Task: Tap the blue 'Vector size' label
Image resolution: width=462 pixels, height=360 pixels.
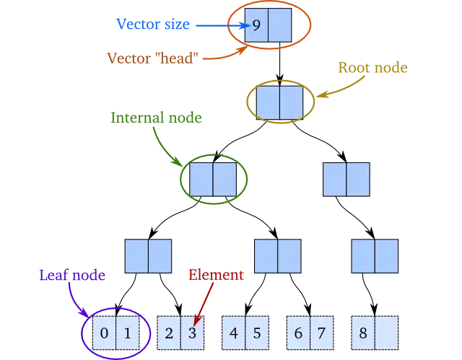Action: click(153, 25)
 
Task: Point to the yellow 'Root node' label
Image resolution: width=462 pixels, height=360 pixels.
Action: click(372, 68)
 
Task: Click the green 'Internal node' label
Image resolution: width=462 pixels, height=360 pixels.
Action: click(155, 117)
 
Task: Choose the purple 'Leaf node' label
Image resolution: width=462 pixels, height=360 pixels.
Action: click(72, 275)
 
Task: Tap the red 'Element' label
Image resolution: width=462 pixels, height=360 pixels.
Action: click(216, 274)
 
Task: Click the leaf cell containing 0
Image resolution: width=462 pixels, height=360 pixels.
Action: click(104, 333)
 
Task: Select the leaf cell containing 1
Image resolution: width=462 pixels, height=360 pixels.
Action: click(127, 333)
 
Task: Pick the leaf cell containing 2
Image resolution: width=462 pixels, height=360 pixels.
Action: click(169, 333)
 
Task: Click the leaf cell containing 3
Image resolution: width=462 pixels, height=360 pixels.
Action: click(192, 333)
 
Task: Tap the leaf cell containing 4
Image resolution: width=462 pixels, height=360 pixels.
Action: click(233, 333)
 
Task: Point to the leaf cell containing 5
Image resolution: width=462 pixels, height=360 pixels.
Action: click(257, 333)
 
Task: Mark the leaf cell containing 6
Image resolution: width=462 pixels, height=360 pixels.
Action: click(298, 333)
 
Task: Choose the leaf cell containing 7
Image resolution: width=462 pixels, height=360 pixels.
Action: click(322, 333)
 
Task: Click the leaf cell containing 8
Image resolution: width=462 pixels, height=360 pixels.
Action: click(363, 333)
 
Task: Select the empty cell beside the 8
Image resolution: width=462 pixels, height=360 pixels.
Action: click(387, 333)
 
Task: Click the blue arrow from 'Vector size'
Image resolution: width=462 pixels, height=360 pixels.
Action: click(217, 26)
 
